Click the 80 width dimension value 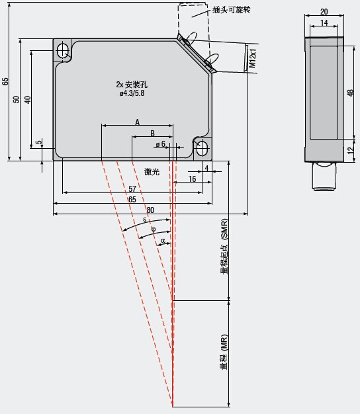point(150,210)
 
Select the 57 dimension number point(132,189)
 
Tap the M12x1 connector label point(253,58)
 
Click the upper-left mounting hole point(63,50)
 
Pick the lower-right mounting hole point(202,148)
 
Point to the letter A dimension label point(138,122)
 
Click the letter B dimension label point(152,134)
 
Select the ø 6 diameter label point(161,144)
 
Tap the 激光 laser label point(152,172)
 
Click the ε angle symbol point(144,220)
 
